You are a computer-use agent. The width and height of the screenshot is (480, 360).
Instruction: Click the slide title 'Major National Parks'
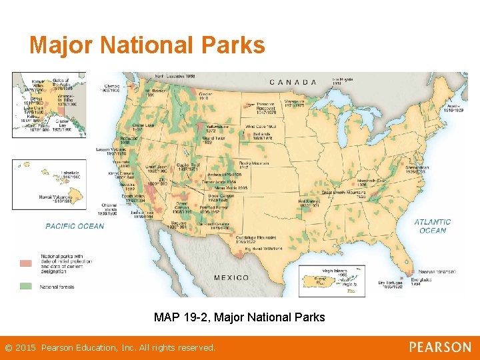(147, 45)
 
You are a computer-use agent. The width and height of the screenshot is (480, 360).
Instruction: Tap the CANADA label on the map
(293, 82)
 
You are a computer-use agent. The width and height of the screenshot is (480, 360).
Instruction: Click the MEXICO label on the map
(231, 277)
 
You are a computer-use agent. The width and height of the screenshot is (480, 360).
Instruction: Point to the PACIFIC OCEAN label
(75, 226)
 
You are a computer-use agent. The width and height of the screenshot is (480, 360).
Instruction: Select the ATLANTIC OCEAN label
(433, 226)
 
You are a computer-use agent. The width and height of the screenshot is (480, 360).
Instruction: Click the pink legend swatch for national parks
(25, 263)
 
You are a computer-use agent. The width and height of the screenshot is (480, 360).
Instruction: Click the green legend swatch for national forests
(25, 287)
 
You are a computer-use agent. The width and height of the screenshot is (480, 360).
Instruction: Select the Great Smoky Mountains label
(345, 194)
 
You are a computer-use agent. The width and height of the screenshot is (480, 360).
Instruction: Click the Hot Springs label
(309, 203)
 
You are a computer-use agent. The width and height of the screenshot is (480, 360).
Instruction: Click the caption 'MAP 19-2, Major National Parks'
(239, 317)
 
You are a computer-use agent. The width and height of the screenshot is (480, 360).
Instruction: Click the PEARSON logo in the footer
(439, 347)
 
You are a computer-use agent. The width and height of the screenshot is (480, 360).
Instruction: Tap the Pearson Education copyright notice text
(110, 348)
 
